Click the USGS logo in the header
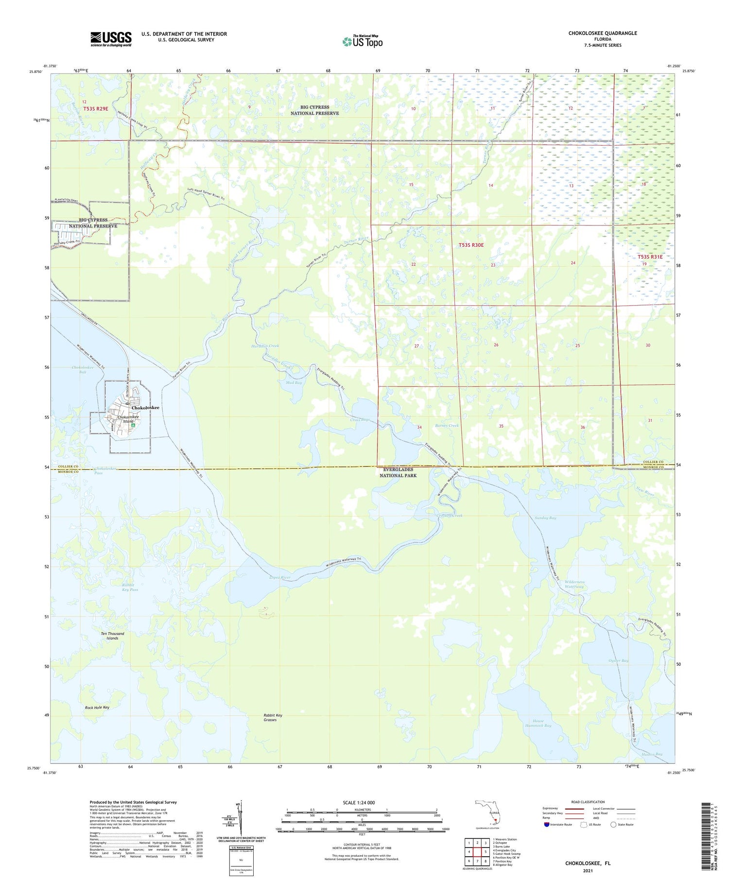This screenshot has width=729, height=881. tap(111, 39)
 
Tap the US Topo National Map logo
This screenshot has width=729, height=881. tap(362, 41)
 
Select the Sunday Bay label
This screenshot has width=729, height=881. tap(545, 518)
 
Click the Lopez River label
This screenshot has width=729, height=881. tap(279, 577)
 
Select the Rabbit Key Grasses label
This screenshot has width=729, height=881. tap(272, 717)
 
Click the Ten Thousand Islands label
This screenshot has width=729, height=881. tap(112, 636)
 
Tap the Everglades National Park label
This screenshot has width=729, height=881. tap(398, 472)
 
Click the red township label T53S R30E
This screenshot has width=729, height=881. tap(471, 245)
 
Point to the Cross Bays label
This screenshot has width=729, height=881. tap(360, 419)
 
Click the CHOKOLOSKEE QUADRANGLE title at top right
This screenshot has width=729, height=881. tap(595, 33)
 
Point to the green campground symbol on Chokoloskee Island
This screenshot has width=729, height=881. tap(133, 425)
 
